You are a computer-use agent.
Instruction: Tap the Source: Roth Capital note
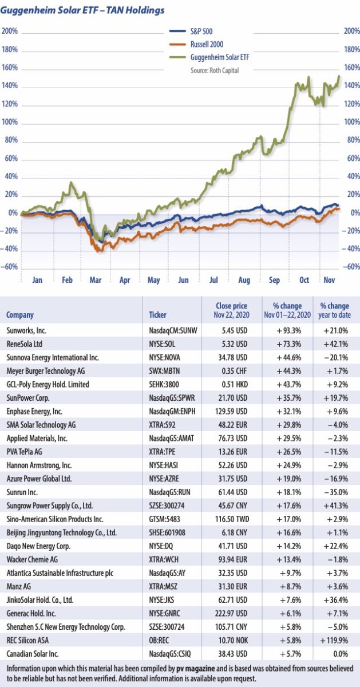tap(215, 70)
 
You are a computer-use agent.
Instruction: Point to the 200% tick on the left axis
tap(10, 31)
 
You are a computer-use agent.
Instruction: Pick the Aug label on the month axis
tap(243, 281)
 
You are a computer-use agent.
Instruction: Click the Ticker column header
tap(157, 315)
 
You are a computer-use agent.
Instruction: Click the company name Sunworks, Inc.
tap(28, 330)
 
